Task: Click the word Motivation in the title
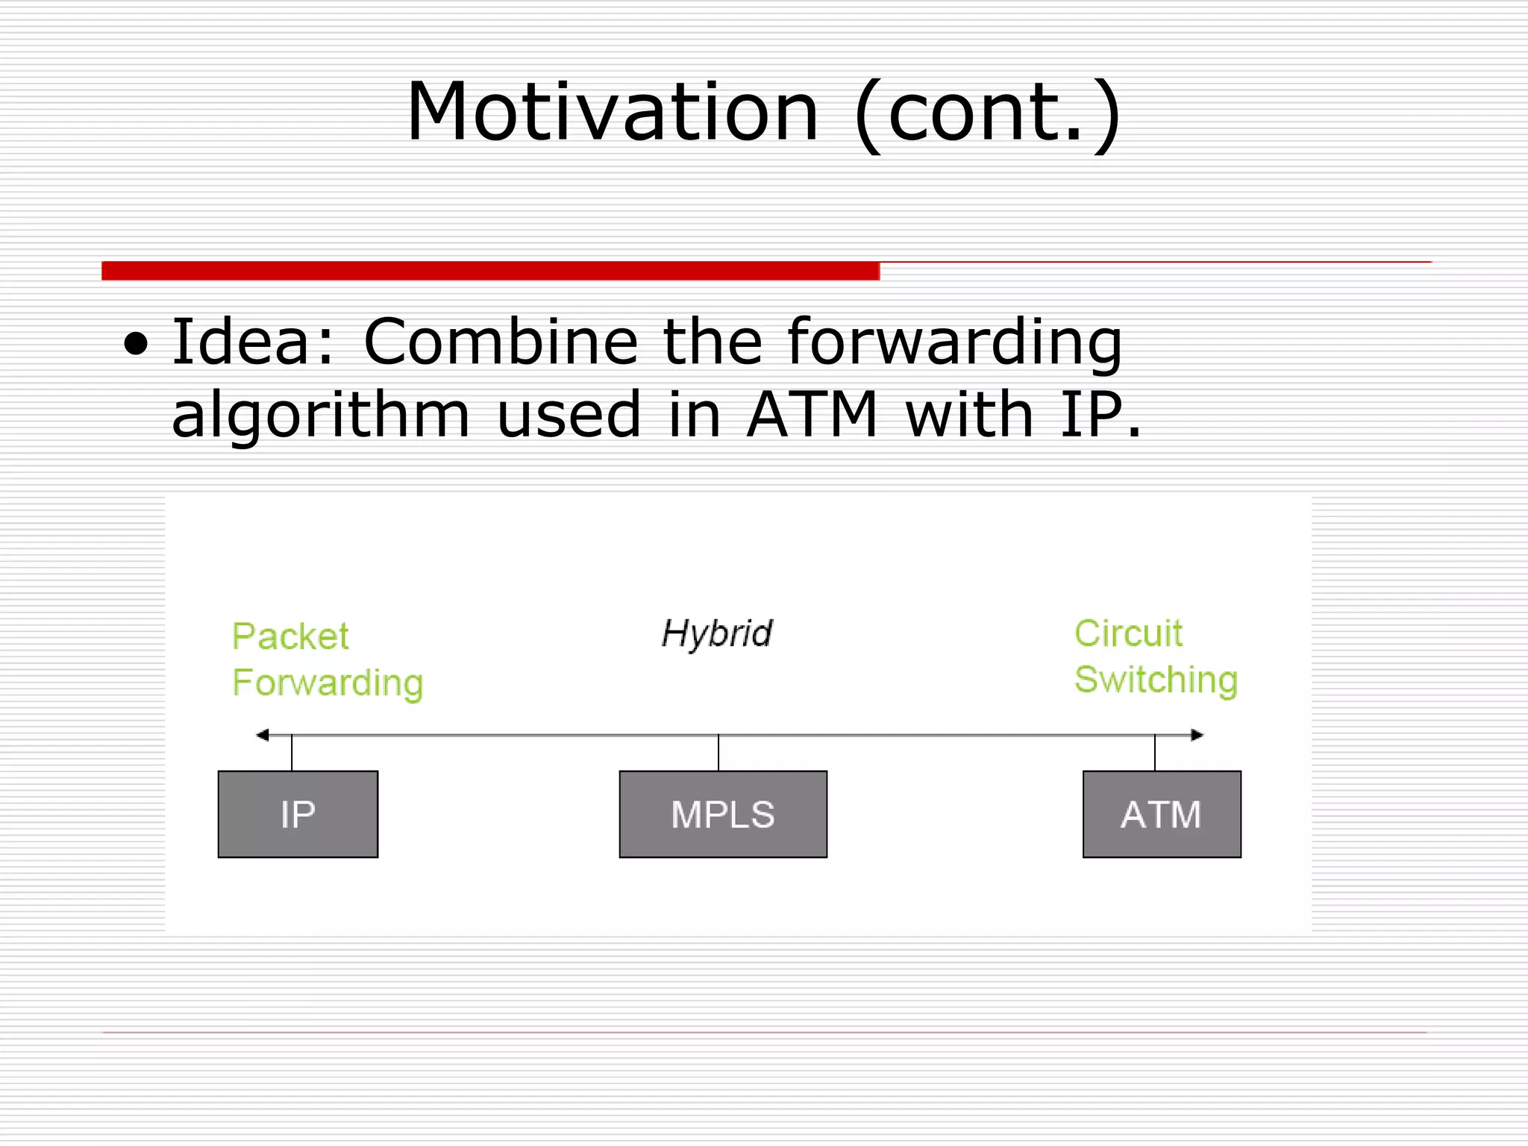(612, 113)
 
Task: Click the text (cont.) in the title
(987, 113)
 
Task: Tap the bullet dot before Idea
(136, 345)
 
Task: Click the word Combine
(500, 342)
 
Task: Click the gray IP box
(298, 814)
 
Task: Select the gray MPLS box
(722, 814)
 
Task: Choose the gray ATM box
(1161, 814)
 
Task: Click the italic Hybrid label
(717, 634)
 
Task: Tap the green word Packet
(290, 636)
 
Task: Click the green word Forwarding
(328, 683)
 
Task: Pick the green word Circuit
(1128, 634)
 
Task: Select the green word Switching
(1156, 680)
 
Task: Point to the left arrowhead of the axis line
(262, 735)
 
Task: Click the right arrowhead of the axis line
(1197, 735)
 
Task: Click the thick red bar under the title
(490, 271)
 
